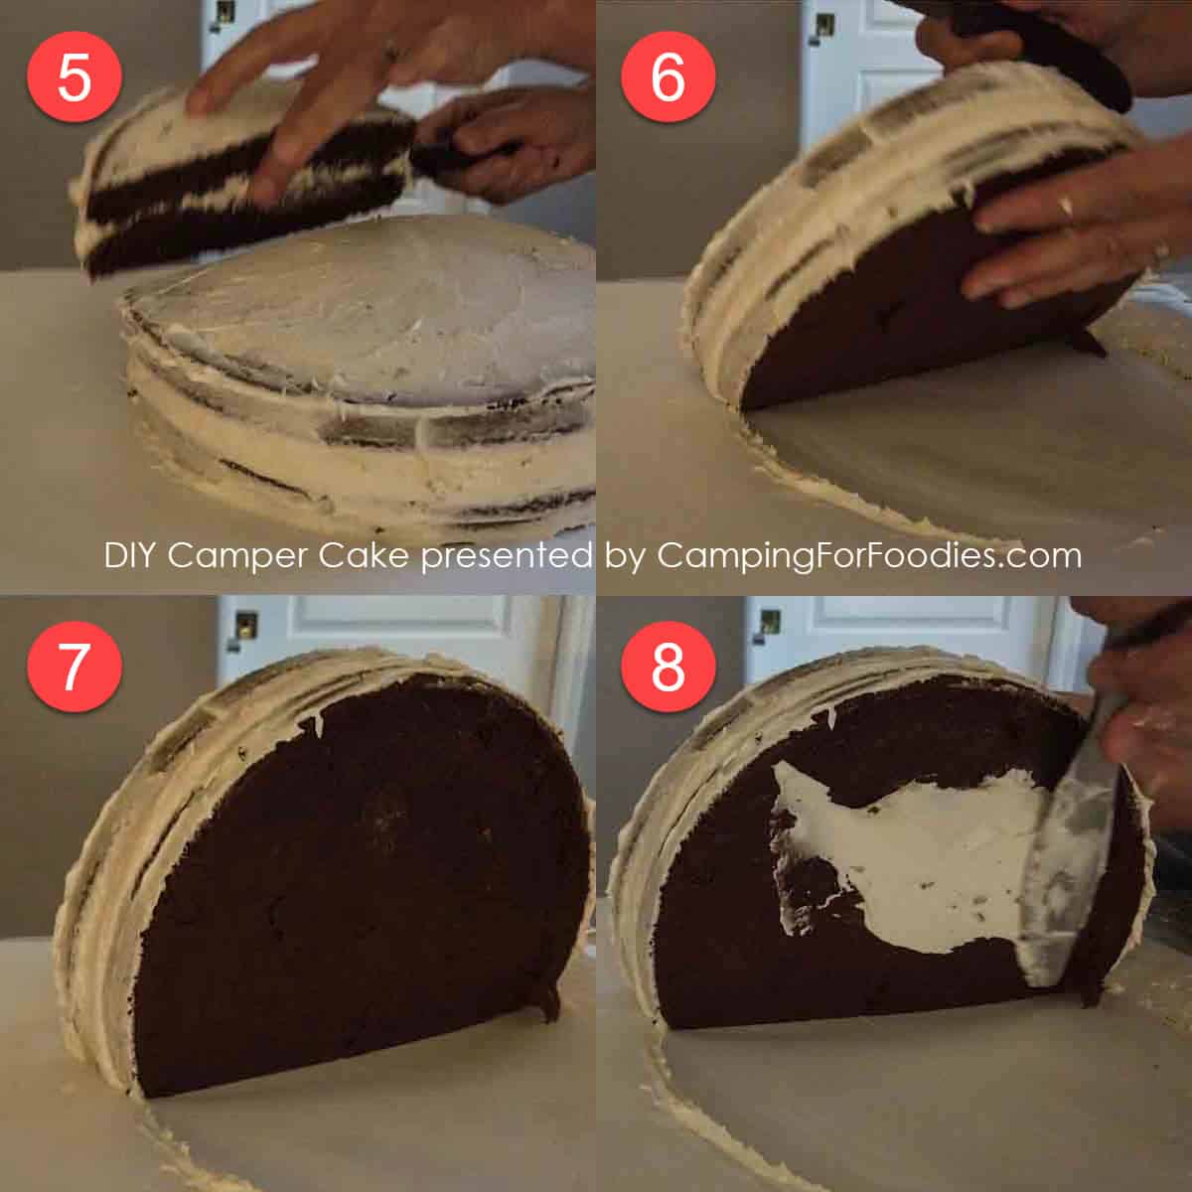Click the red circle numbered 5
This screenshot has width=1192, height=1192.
point(74,76)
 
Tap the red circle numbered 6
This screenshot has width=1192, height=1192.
point(668,76)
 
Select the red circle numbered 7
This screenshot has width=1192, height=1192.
point(74,667)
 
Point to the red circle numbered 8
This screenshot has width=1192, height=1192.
point(668,667)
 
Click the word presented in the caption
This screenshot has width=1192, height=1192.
point(508,555)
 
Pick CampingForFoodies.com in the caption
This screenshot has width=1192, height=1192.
point(869,555)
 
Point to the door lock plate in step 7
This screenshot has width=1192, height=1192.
point(244,624)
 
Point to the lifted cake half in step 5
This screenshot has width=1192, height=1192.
point(238,189)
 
